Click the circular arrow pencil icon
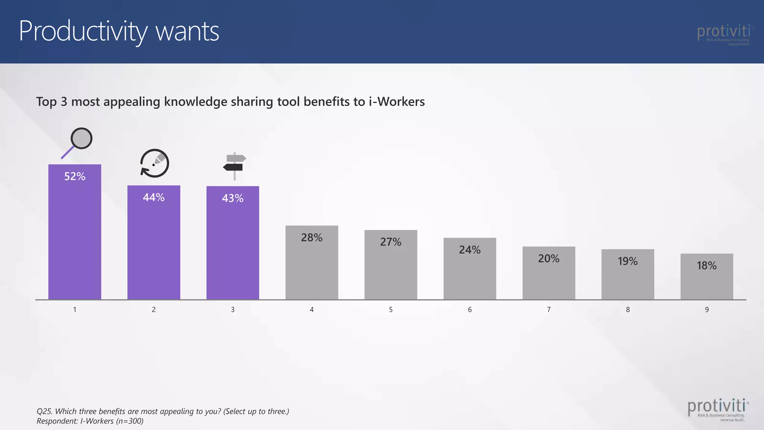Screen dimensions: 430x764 154,163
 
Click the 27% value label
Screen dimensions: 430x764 391,242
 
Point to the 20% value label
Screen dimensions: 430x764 548,258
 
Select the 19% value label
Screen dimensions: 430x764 627,261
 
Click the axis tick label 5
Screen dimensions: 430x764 391,309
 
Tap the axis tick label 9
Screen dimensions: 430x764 707,309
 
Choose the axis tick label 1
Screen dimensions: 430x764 75,309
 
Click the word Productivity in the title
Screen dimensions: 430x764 83,32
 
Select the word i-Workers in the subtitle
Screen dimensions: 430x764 397,102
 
